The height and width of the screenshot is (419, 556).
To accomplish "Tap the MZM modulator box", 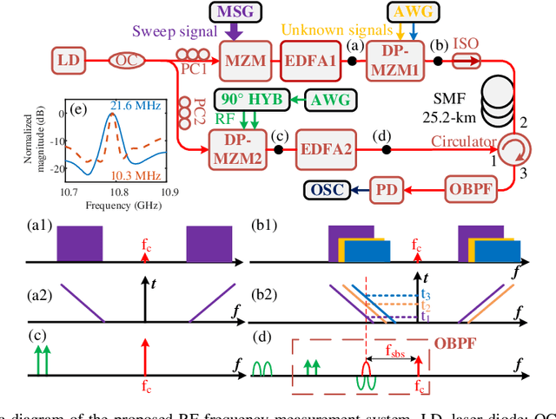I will [245, 62].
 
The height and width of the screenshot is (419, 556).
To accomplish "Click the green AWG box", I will [333, 100].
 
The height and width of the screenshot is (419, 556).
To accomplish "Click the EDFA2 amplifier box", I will [328, 148].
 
